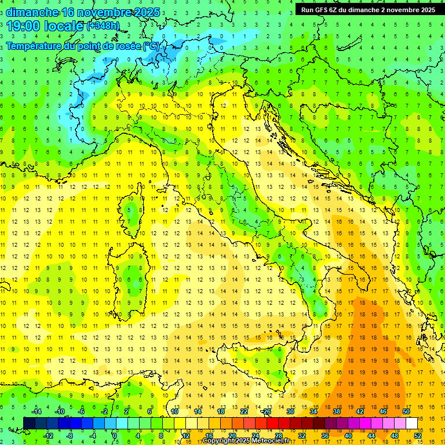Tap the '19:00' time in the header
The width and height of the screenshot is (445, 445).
pyautogui.click(x=23, y=26)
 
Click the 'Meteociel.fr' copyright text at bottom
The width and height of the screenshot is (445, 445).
pyautogui.click(x=269, y=441)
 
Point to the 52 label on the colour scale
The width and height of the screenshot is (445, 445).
pyautogui.click(x=418, y=436)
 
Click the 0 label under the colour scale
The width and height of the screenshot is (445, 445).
pyautogui.click(x=114, y=436)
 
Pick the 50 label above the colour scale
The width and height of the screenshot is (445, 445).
pyautogui.click(x=406, y=411)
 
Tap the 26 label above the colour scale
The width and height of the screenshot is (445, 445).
pyautogui.click(x=267, y=411)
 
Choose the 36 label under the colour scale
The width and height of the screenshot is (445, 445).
pyautogui.click(x=325, y=436)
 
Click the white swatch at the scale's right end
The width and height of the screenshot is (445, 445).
pyautogui.click(x=411, y=423)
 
